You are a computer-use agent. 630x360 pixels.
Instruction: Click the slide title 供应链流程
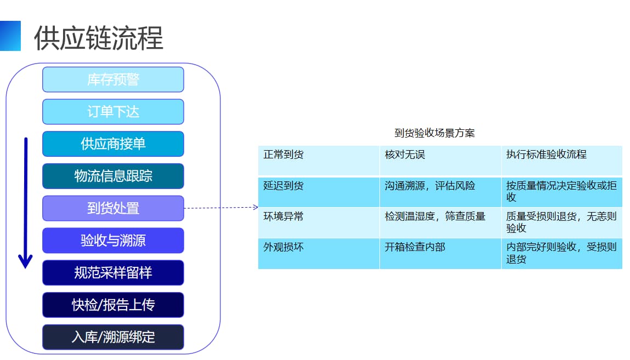pos(99,38)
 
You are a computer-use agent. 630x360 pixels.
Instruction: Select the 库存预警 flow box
pos(113,79)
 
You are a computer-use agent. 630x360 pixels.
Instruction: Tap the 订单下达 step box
pos(113,112)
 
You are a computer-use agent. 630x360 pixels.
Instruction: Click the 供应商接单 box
pos(113,144)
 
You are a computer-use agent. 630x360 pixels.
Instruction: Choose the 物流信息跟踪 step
pos(113,176)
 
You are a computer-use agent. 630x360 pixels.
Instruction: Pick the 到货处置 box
pos(113,208)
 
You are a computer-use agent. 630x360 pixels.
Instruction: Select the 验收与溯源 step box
pos(113,241)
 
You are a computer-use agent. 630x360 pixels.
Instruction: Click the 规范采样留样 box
pos(113,272)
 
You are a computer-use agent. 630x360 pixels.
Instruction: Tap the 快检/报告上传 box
pos(113,305)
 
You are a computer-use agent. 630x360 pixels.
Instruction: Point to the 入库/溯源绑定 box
pos(113,337)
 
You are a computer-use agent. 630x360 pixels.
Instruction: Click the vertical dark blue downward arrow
pos(25,203)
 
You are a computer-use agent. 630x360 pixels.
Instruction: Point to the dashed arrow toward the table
pos(221,208)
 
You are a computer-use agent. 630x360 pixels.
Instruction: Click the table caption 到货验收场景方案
pos(435,133)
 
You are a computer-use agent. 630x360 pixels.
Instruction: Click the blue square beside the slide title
pos(10,36)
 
